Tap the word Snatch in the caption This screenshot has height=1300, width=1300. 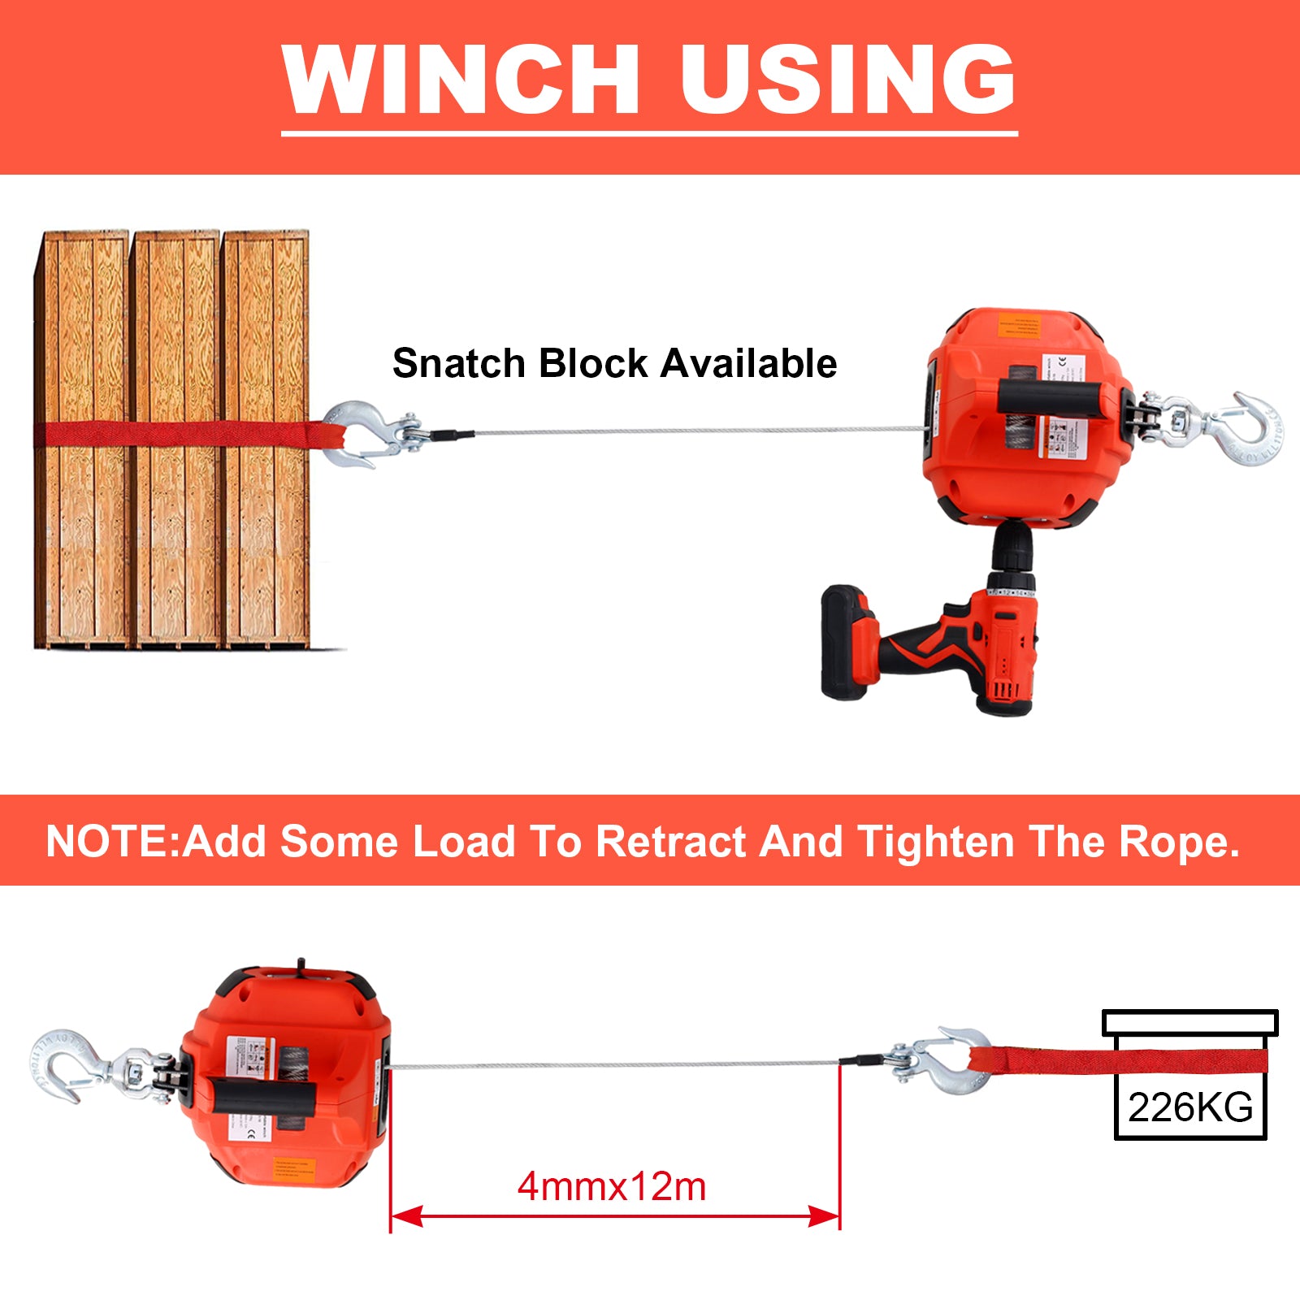pyautogui.click(x=458, y=363)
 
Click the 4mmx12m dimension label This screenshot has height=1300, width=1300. pyautogui.click(x=612, y=1187)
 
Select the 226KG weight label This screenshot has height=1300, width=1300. pyautogui.click(x=1190, y=1107)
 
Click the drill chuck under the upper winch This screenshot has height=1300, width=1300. pyautogui.click(x=1012, y=548)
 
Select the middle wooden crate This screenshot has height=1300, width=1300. pyautogui.click(x=177, y=439)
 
